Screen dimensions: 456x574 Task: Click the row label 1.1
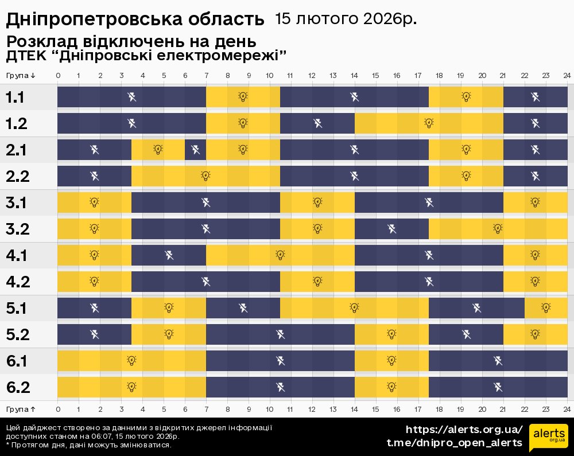(x=15, y=97)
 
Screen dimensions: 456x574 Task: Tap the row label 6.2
(x=17, y=387)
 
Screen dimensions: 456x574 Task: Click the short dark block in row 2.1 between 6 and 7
(x=195, y=150)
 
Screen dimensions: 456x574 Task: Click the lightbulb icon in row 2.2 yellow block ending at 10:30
(x=205, y=176)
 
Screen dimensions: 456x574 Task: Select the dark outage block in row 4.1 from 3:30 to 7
(x=169, y=255)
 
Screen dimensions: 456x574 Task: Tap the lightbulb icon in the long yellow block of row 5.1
(x=354, y=308)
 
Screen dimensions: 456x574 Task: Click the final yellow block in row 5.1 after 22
(x=546, y=308)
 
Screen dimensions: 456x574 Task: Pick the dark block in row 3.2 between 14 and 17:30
(x=391, y=229)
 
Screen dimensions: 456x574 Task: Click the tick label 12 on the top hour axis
(x=312, y=76)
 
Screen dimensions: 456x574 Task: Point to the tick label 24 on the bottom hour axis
(x=567, y=409)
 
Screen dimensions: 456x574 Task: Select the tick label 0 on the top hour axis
(x=58, y=76)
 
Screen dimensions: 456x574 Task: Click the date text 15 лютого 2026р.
(x=346, y=19)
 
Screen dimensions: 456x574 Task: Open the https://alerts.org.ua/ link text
(x=464, y=430)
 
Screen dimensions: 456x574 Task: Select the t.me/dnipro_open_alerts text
(x=455, y=442)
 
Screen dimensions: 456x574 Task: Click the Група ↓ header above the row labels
(x=21, y=76)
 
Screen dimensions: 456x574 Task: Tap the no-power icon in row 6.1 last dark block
(x=498, y=361)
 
